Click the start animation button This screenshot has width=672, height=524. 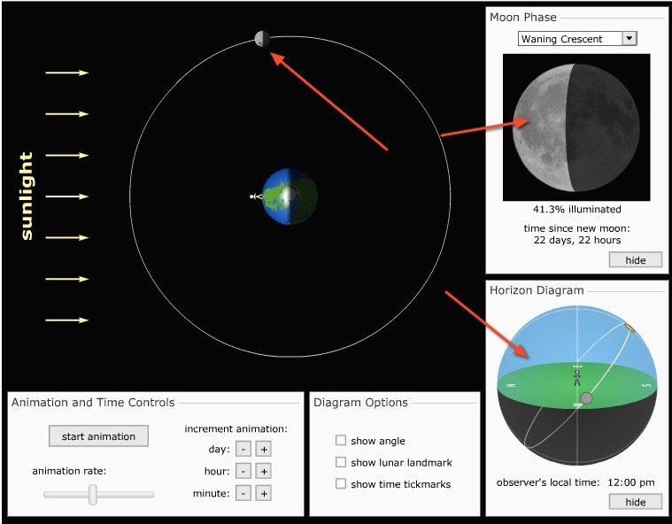(x=98, y=436)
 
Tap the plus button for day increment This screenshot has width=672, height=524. (x=264, y=449)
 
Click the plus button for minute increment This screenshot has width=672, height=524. (x=264, y=493)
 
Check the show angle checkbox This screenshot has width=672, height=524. (x=341, y=441)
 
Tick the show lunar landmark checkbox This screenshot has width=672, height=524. (x=341, y=462)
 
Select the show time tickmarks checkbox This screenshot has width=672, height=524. (x=341, y=483)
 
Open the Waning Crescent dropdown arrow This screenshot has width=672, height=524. (x=630, y=38)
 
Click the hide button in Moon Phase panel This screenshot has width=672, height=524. (x=636, y=260)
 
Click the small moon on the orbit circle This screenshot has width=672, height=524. (x=262, y=39)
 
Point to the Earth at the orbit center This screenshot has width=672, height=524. (x=290, y=196)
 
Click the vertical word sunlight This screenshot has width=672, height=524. (x=27, y=196)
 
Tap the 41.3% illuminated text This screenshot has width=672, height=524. (x=577, y=209)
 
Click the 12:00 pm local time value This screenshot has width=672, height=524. (x=631, y=482)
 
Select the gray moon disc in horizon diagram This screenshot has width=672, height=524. (x=586, y=398)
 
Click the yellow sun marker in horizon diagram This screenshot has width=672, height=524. (x=630, y=327)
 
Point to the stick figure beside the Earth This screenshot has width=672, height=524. (x=256, y=196)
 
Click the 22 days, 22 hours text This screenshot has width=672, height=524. (x=577, y=240)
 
